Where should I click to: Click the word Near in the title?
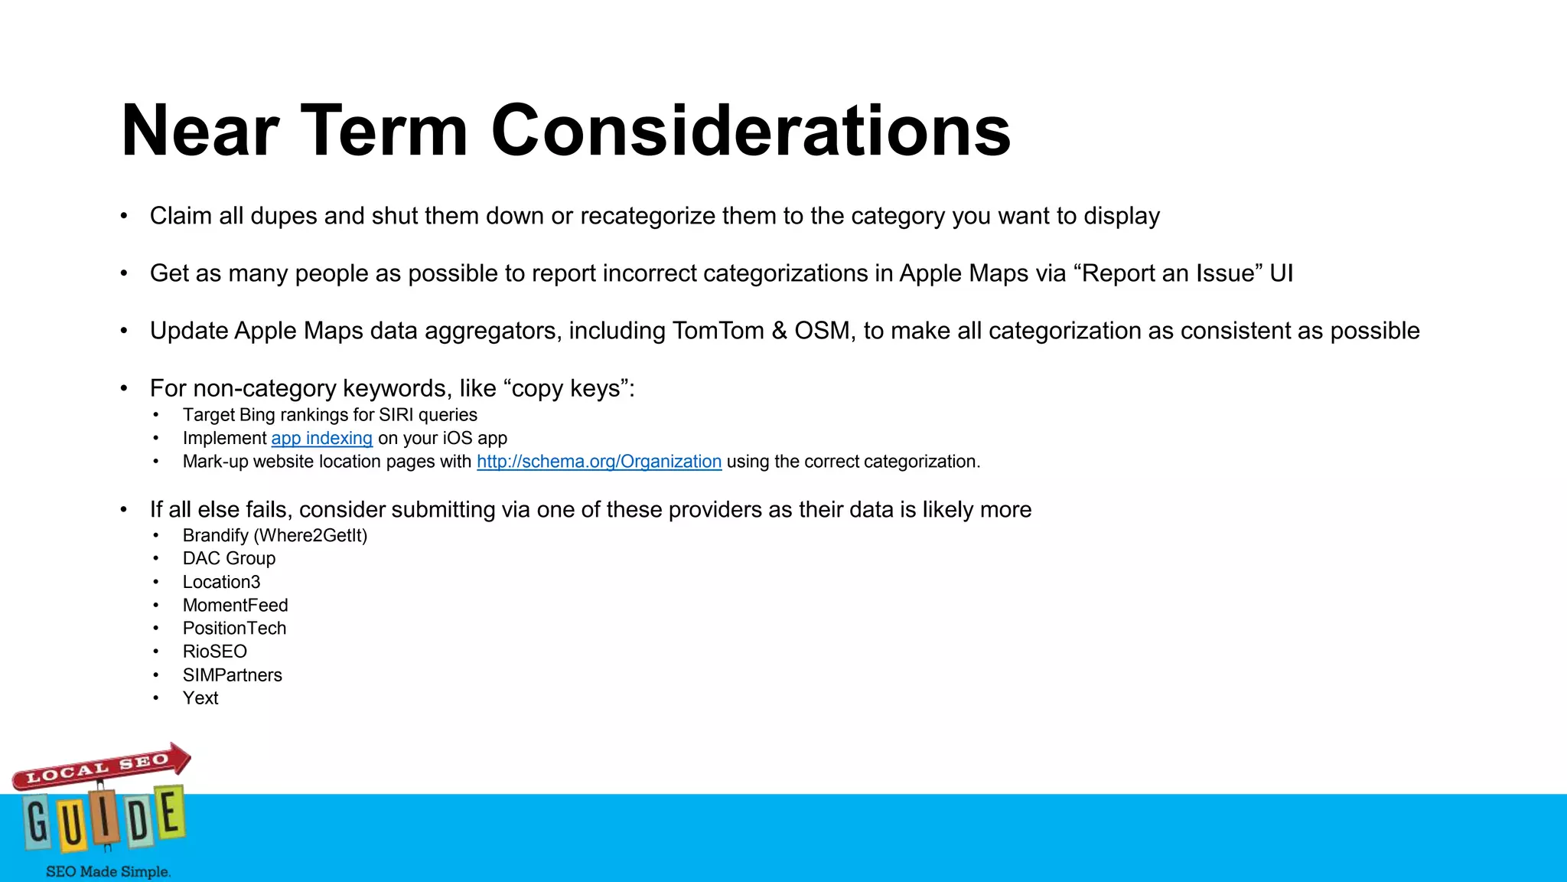[x=200, y=132]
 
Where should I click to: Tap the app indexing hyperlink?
[x=321, y=439]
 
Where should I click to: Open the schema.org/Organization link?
[x=599, y=462]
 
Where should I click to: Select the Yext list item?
[x=200, y=698]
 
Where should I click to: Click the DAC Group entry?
[x=229, y=559]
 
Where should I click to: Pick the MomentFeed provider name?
[x=235, y=606]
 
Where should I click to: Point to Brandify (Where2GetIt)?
[x=275, y=536]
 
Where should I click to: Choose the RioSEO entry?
[x=214, y=652]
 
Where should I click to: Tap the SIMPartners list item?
[x=232, y=675]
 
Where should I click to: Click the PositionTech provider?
[x=234, y=629]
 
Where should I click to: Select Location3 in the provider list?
[x=221, y=582]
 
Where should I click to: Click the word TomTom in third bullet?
[x=718, y=331]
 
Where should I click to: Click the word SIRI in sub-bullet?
[x=396, y=415]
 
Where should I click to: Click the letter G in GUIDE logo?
[x=37, y=822]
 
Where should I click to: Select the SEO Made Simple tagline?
[x=108, y=871]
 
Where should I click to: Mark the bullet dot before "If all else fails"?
[x=124, y=511]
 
